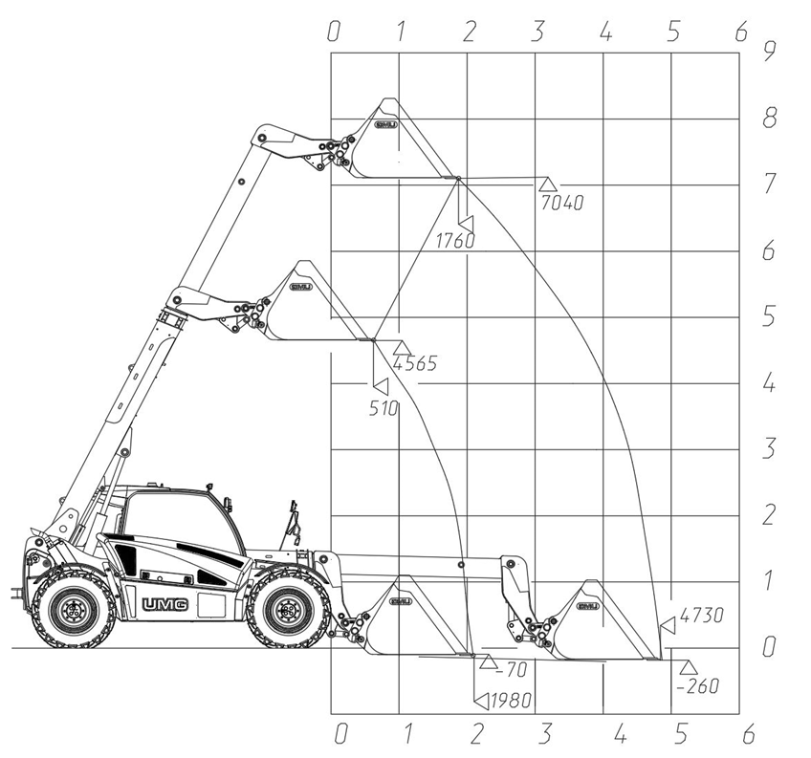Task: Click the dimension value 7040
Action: click(x=562, y=203)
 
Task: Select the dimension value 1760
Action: click(x=454, y=241)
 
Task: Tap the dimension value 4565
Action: click(x=415, y=363)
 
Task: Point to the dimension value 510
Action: click(x=384, y=409)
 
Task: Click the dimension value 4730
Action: click(x=701, y=616)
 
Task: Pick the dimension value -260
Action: click(x=698, y=686)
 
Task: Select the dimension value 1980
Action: click(x=511, y=701)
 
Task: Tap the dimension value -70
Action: click(x=511, y=670)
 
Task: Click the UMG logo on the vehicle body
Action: click(x=165, y=604)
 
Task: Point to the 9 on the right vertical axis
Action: click(x=770, y=52)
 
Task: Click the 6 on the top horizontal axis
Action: click(x=741, y=32)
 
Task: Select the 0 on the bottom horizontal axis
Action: click(x=340, y=734)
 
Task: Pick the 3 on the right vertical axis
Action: click(x=769, y=448)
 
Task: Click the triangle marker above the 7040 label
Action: click(x=547, y=184)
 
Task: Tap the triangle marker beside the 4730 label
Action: click(x=668, y=624)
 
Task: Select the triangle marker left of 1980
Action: click(x=482, y=701)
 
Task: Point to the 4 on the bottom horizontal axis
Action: click(x=621, y=734)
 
